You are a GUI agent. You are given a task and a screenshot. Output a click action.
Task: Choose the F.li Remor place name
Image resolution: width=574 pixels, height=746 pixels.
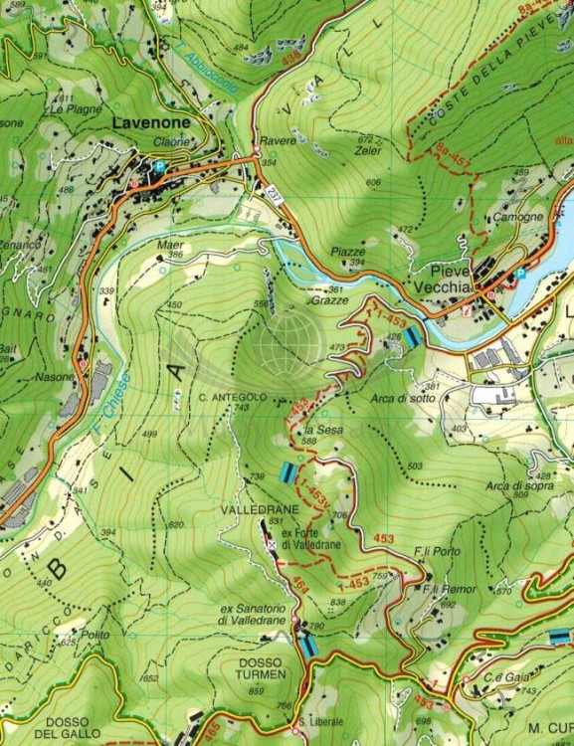[449, 590]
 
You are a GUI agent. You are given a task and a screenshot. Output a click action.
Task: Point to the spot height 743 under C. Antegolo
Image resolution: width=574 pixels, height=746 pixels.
[242, 408]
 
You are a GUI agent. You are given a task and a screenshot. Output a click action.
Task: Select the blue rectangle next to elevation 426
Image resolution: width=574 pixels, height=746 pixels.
[411, 337]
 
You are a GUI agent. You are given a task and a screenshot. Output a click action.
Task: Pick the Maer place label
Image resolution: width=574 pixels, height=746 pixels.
[170, 244]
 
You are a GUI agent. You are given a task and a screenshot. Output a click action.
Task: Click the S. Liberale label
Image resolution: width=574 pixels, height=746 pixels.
[320, 721]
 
